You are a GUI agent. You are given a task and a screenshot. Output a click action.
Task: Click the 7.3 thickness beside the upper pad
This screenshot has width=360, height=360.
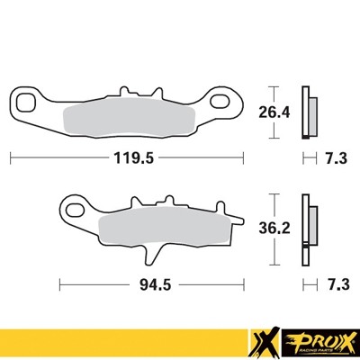(336, 157)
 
